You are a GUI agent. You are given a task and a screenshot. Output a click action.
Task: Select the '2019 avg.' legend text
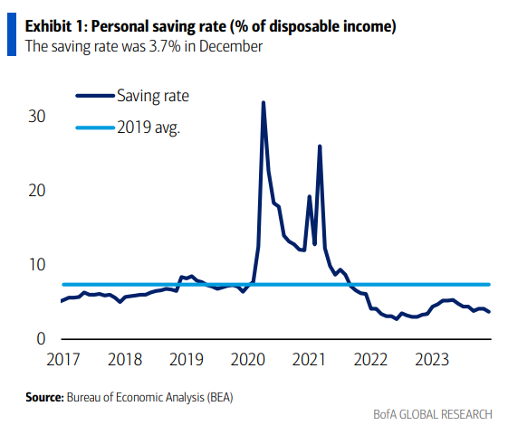[149, 127]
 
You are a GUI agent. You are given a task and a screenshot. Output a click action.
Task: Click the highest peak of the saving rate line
[264, 103]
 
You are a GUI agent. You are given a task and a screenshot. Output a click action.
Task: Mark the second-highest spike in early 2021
[320, 146]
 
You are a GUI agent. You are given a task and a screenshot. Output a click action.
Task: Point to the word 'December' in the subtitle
[231, 46]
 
